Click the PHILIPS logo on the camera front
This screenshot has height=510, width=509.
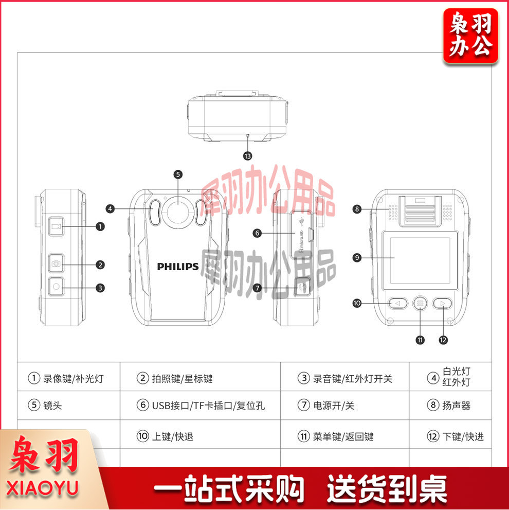177,267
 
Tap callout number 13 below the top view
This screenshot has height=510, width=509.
248,156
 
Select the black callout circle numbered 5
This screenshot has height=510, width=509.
178,174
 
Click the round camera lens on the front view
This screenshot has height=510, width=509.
178,212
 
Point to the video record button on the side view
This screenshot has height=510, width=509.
56,226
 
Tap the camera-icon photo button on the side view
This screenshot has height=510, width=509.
56,263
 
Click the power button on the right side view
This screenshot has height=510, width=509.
302,287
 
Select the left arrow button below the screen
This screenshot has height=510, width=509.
397,304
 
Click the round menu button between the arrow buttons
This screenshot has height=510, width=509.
420,304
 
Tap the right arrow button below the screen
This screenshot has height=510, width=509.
442,304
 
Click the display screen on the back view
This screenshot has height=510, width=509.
420,260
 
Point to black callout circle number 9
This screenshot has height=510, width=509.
357,258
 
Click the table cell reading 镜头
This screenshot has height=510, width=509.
68,405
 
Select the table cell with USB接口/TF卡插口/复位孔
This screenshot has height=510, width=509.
200,405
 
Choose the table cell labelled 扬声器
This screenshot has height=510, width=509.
450,405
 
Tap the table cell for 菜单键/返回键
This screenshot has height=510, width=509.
344,436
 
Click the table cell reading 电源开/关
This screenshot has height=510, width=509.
344,405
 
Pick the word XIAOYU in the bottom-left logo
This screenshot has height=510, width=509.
42,488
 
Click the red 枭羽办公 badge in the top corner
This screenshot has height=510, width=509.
470,36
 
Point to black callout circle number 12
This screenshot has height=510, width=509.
443,340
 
